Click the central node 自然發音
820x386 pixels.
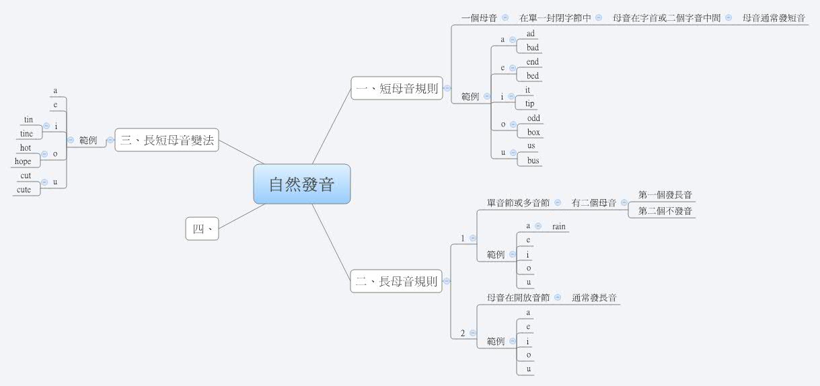pyautogui.click(x=301, y=184)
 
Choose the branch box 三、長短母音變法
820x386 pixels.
pyautogui.click(x=167, y=141)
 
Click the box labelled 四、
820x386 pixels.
pyautogui.click(x=202, y=229)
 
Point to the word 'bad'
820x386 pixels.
pyautogui.click(x=533, y=48)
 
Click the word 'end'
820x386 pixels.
pyautogui.click(x=532, y=62)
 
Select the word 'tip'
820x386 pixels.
pyautogui.click(x=530, y=104)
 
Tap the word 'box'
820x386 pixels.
pyautogui.click(x=533, y=132)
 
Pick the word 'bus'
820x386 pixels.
pyautogui.click(x=533, y=161)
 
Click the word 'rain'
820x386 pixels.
pyautogui.click(x=559, y=227)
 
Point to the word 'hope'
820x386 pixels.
pyautogui.click(x=23, y=161)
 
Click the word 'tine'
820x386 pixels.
pyautogui.click(x=26, y=134)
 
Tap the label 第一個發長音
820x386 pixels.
pyautogui.click(x=665, y=195)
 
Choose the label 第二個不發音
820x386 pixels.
pyautogui.click(x=665, y=211)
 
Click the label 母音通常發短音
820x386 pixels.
pyautogui.click(x=774, y=18)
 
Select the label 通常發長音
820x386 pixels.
pyautogui.click(x=595, y=297)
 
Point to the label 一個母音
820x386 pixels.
pyautogui.click(x=479, y=18)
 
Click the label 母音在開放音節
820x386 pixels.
pyautogui.click(x=518, y=297)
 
